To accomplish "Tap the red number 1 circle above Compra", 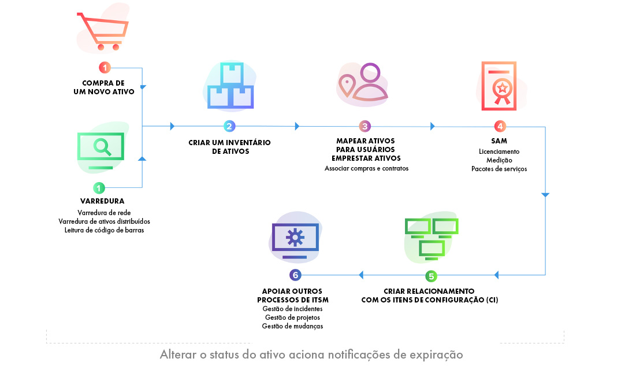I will (x=105, y=68).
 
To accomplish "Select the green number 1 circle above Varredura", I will (x=100, y=187).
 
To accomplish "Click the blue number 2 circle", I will (x=229, y=126).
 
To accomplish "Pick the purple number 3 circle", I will (x=365, y=126).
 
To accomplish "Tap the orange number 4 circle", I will (x=500, y=126).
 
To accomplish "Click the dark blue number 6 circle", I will (x=295, y=275).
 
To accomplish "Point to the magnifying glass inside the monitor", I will (x=102, y=146).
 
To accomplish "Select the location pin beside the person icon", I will (x=347, y=85).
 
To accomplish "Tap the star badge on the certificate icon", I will (x=502, y=88).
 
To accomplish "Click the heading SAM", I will (x=499, y=141).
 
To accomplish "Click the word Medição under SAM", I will (x=499, y=160).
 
